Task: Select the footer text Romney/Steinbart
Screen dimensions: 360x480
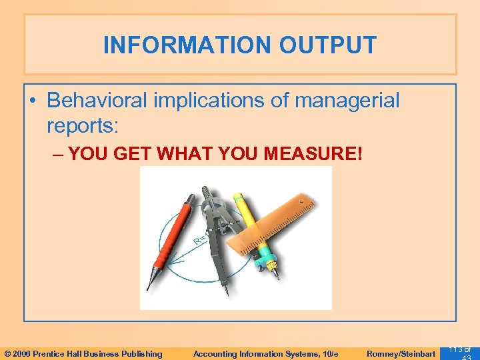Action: (x=400, y=354)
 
